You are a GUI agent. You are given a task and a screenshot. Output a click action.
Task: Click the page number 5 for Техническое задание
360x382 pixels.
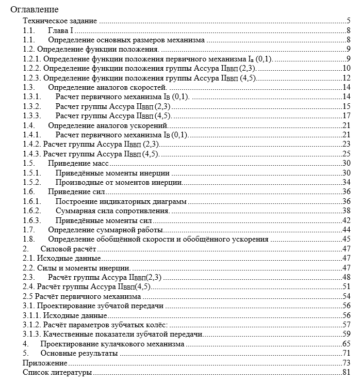349,22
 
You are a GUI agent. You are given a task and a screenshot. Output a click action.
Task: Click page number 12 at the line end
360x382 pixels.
347,78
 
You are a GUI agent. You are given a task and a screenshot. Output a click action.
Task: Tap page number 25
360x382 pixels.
347,154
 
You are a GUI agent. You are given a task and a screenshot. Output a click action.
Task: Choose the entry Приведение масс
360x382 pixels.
78,163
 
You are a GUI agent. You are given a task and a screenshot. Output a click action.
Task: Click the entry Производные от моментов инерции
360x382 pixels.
118,182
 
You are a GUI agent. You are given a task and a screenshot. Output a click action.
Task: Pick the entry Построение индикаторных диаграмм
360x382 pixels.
121,201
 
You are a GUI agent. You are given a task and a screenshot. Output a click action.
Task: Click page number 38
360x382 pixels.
347,210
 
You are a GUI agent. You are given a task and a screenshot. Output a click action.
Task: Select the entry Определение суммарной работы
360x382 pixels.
106,229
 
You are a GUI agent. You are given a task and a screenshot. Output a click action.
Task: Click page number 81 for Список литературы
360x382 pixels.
347,372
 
